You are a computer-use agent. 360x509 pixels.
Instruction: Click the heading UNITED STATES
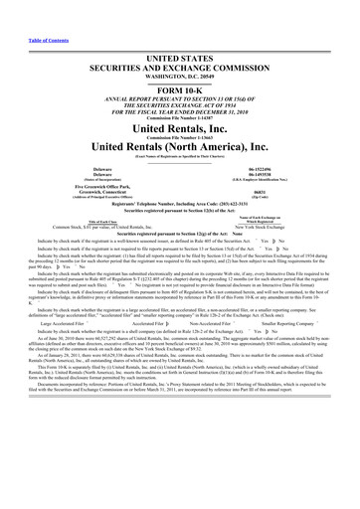point(179,35)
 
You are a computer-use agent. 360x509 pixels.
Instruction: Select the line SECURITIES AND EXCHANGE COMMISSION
point(179,47)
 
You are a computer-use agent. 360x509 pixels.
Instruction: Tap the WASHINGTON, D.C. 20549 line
point(179,58)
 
